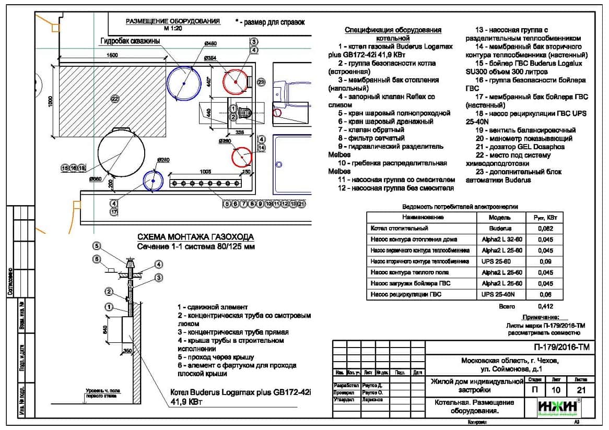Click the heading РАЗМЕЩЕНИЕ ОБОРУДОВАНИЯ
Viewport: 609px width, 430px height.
(x=173, y=21)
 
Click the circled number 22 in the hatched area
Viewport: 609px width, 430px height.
(x=115, y=98)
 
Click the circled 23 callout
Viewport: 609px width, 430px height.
(x=261, y=82)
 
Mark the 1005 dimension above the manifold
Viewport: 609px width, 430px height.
(x=205, y=171)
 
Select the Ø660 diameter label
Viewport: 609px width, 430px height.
(x=96, y=179)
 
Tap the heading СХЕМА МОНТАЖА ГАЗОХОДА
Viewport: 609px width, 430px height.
(x=195, y=236)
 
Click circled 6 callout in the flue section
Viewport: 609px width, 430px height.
(x=96, y=259)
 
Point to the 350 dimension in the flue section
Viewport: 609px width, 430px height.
(x=128, y=351)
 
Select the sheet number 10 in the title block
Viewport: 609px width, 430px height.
(x=556, y=390)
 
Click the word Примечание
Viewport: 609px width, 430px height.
(x=541, y=317)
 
